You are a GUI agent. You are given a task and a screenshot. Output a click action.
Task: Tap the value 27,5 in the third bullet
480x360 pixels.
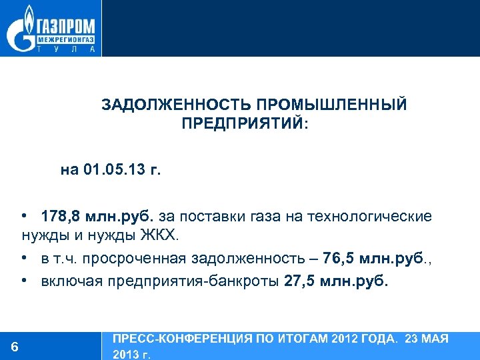coord(297,281)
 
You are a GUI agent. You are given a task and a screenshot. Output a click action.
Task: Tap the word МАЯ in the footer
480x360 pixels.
coord(435,339)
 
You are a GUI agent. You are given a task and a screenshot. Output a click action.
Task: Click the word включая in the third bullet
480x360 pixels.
coord(66,281)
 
